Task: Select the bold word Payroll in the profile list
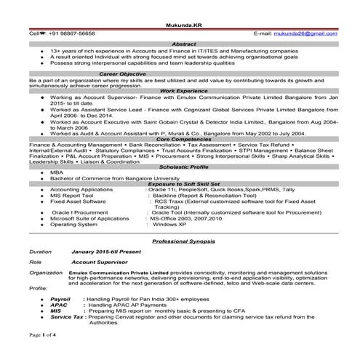click(60, 298)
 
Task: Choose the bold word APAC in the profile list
click(59, 303)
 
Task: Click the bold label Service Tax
click(67, 317)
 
